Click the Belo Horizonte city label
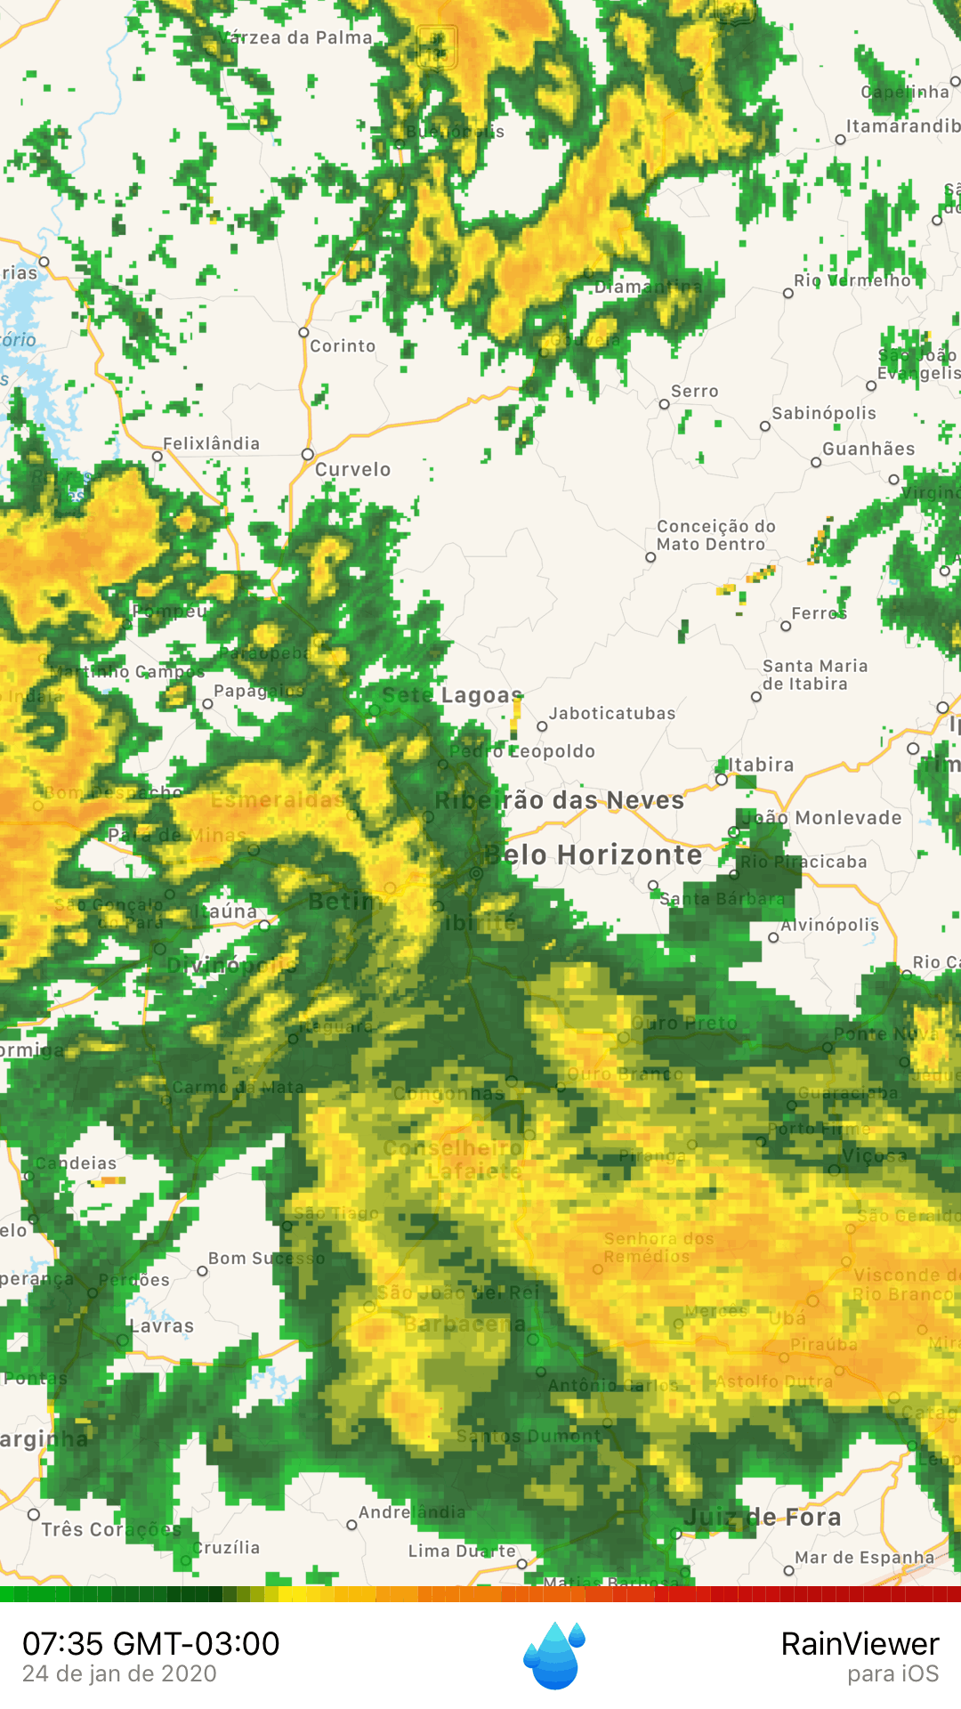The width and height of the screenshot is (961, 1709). pos(594,855)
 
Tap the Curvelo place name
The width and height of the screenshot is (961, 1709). pos(352,469)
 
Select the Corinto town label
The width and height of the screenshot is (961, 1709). pos(343,346)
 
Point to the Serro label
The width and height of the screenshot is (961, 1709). pos(694,392)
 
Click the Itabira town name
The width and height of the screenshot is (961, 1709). pos(761,765)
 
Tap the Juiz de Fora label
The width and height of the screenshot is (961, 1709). pos(763,1518)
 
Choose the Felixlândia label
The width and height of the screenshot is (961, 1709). pos(212,443)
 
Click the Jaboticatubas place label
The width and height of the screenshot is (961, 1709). pos(612,713)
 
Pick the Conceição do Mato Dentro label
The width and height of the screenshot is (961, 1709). pos(715,535)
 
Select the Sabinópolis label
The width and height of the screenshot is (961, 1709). pos(824,413)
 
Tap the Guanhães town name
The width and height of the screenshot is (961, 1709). pos(868,449)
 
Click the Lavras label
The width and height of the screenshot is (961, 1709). pos(162,1326)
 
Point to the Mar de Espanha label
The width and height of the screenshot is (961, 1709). pos(864,1558)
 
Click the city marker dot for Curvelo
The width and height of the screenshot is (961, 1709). pos(308,455)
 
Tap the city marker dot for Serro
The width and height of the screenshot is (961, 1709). pos(664,404)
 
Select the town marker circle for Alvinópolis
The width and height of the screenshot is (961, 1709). pos(773,937)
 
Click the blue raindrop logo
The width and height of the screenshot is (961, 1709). pos(554,1655)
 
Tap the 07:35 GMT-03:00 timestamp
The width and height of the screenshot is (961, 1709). pos(151,1643)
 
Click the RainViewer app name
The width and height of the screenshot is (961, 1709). pos(860,1643)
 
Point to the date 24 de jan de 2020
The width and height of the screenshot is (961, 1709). pos(119,1673)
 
